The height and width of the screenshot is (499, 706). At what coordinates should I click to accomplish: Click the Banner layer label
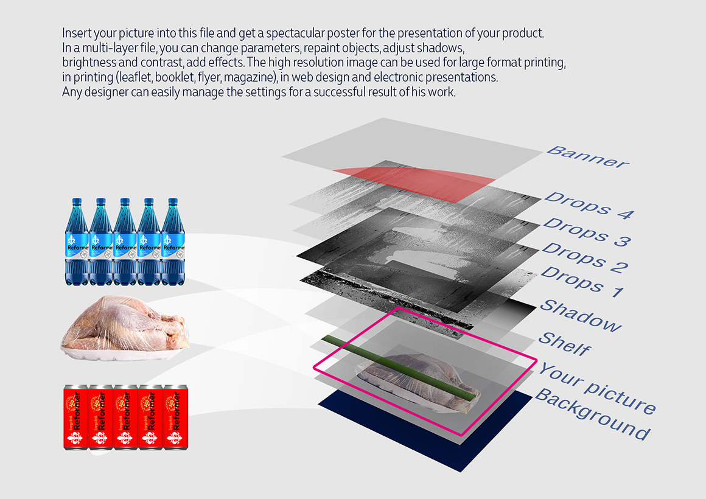tap(587, 157)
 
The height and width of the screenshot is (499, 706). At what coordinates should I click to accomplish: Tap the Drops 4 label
tap(589, 205)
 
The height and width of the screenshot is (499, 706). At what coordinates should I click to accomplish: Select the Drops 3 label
tap(587, 232)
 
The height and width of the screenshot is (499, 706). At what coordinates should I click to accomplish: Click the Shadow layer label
tap(581, 315)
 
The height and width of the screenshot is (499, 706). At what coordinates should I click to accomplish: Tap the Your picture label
tap(597, 388)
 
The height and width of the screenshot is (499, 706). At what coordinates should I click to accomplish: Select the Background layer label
tap(593, 414)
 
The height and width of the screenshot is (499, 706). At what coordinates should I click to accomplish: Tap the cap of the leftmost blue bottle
tap(77, 202)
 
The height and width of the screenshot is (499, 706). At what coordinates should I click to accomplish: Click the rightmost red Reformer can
tap(175, 417)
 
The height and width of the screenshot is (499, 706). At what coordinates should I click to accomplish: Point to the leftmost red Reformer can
tap(76, 417)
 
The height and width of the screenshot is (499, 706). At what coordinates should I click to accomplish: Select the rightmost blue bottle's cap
tap(172, 202)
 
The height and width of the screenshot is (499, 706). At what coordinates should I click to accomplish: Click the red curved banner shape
tap(414, 183)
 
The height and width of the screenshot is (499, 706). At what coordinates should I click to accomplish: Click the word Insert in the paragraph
tap(74, 33)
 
